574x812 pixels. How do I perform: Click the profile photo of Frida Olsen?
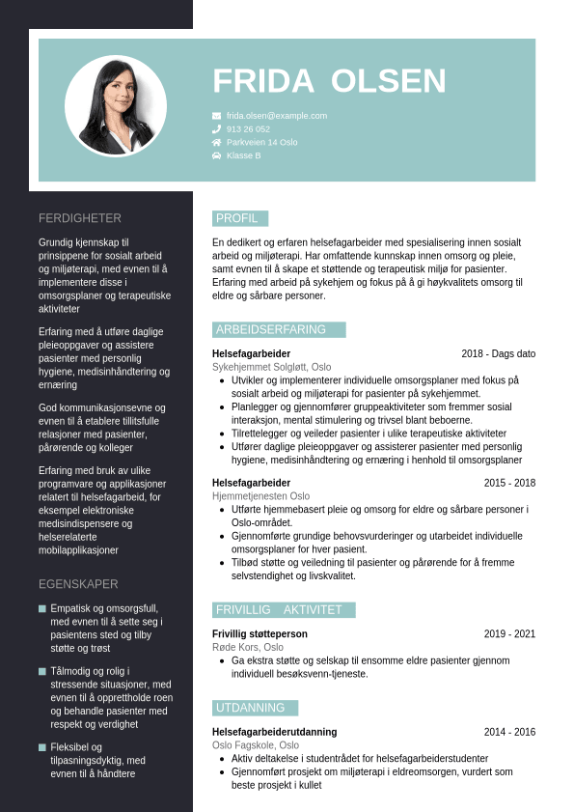tap(116, 105)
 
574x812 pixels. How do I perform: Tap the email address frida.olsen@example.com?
tap(277, 116)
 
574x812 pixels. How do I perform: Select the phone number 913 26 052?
tap(248, 129)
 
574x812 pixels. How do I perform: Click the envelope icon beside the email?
tap(216, 116)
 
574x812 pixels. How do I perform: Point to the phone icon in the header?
tap(216, 129)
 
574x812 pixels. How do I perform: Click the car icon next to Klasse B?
tap(216, 155)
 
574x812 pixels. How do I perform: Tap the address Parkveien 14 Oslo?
tap(261, 142)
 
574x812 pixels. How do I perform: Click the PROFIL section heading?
tap(237, 218)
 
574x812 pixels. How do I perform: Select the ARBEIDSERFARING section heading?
tap(271, 330)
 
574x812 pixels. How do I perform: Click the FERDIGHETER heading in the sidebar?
tap(80, 218)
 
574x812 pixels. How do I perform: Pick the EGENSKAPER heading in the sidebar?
tap(78, 584)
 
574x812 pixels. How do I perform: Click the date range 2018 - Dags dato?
tap(498, 354)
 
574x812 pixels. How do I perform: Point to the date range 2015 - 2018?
tap(509, 483)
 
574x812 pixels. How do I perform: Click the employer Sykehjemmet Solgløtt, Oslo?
tap(271, 367)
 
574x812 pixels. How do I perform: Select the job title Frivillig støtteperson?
tap(260, 634)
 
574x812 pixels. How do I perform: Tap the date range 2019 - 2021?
tap(509, 634)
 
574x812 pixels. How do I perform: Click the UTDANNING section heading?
tap(250, 708)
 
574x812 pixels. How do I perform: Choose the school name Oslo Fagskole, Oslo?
tap(256, 745)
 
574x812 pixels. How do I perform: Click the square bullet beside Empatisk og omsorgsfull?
tap(42, 609)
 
